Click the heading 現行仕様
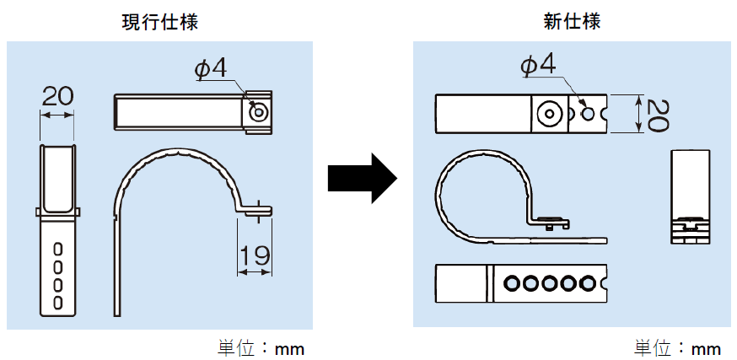click(160, 21)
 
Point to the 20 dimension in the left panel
click(57, 95)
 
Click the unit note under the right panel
click(677, 347)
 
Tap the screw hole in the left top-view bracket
click(259, 111)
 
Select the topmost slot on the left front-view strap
click(57, 250)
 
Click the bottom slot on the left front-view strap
click(57, 301)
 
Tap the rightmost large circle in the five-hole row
click(590, 284)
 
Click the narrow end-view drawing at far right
click(692, 196)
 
